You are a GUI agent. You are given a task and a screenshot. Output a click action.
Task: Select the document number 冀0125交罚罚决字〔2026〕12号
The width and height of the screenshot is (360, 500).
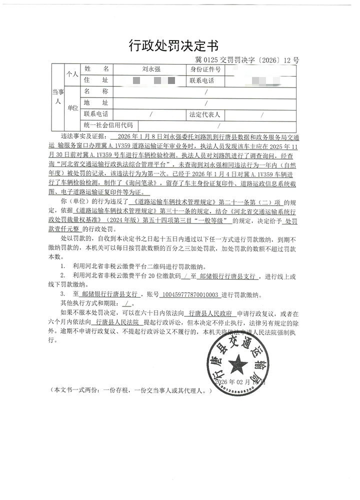[x=247, y=60]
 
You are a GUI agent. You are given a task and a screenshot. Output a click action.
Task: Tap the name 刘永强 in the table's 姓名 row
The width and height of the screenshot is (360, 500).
[x=148, y=70]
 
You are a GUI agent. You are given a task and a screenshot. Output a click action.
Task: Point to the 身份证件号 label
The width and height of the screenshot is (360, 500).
[x=205, y=70]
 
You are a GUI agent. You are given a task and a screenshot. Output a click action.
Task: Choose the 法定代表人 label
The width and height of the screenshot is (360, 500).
[x=205, y=114]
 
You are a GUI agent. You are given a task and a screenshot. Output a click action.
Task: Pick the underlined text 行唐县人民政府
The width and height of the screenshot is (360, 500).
[x=210, y=314]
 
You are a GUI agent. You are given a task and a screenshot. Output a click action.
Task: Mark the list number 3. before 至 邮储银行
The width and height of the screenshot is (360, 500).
[x=63, y=294]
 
